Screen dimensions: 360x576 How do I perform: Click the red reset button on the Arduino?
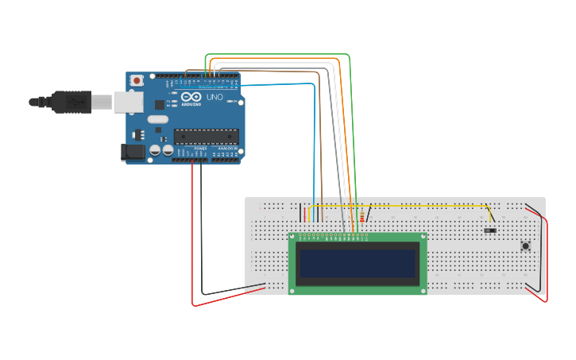click(x=137, y=80)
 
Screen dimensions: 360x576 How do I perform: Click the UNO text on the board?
click(x=215, y=97)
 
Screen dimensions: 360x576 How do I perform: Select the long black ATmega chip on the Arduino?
click(x=206, y=136)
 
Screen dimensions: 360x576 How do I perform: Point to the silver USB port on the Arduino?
click(x=127, y=101)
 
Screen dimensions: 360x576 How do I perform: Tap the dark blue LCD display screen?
click(x=358, y=263)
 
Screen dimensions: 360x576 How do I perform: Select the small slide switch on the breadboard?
click(x=490, y=230)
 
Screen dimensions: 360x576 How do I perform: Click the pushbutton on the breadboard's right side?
click(x=525, y=246)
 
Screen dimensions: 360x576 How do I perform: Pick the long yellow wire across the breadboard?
click(x=397, y=206)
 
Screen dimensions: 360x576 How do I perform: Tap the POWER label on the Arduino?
click(x=201, y=148)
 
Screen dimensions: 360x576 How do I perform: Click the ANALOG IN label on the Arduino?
click(x=226, y=148)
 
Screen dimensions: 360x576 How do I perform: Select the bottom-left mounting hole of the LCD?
click(x=292, y=291)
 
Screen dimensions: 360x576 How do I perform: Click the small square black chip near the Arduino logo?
click(x=160, y=104)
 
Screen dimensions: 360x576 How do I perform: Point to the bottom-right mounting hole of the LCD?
click(x=423, y=291)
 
